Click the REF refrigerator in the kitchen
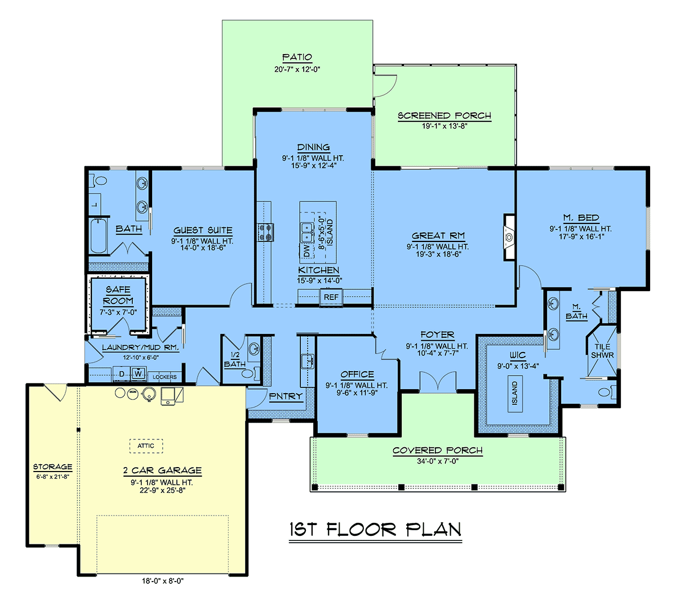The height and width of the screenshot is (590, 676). point(331,297)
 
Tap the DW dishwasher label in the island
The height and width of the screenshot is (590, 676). point(306,250)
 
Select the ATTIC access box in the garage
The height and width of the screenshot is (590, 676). point(146,446)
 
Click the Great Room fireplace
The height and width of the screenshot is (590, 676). point(509,237)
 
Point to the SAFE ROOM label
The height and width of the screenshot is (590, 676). point(118,296)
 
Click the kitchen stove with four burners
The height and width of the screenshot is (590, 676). point(266,232)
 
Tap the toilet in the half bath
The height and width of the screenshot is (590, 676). point(248,373)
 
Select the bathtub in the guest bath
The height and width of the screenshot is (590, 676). point(99,235)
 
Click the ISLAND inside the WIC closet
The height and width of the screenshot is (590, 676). point(515,393)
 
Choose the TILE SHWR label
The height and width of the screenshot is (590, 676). point(602,351)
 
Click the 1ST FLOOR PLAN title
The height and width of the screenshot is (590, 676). point(375,530)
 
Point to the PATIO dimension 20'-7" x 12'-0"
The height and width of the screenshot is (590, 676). point(297,69)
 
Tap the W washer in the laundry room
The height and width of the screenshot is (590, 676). point(139,374)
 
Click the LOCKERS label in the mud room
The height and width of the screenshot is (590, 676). point(164,377)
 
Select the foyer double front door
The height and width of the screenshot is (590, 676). point(438,382)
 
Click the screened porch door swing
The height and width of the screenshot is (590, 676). point(385,86)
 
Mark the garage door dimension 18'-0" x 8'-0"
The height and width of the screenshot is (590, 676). point(163,580)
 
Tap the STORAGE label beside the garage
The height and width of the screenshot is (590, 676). point(52,466)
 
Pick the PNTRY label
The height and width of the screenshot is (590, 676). point(286,396)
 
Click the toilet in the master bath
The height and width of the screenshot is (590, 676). point(607,393)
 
